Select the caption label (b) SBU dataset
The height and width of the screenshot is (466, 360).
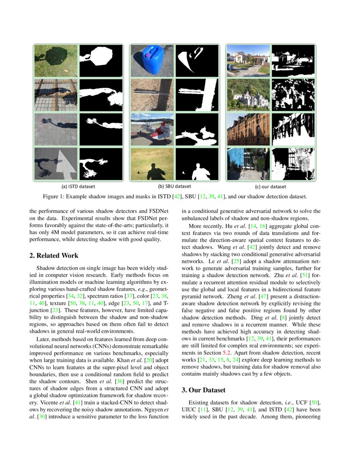(174, 186)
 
